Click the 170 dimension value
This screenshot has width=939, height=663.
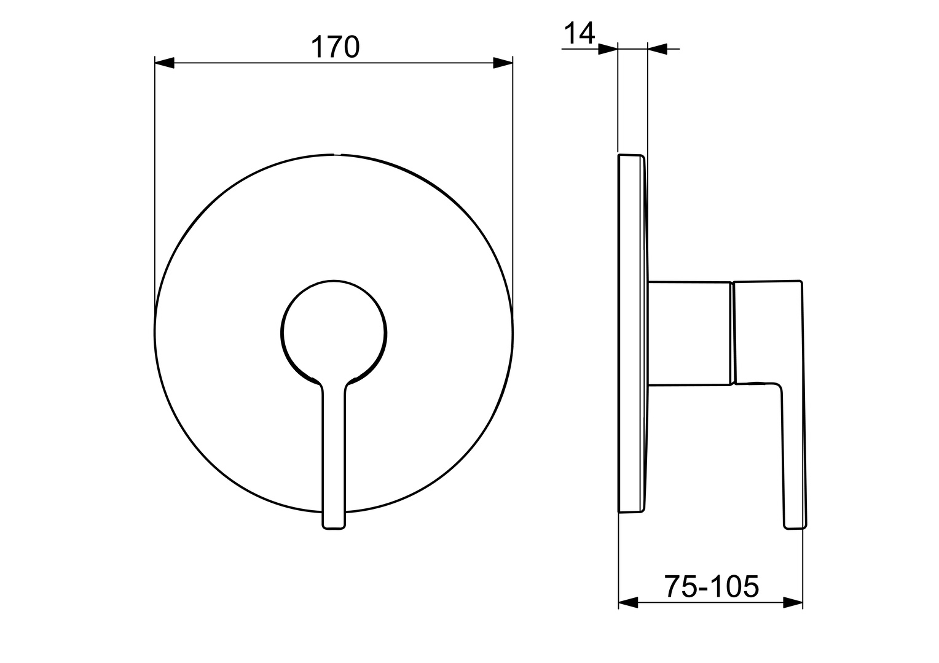coord(334,47)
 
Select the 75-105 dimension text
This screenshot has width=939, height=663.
coord(711,587)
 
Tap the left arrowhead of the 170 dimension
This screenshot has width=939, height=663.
coord(165,63)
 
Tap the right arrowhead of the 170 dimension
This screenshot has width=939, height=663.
coord(503,63)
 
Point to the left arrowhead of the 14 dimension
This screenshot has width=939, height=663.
coord(608,49)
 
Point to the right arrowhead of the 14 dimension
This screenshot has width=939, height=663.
coord(658,49)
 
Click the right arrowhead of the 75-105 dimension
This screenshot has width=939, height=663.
coord(793,603)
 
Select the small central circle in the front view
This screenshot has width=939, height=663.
coord(334,333)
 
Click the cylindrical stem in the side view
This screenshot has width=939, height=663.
coord(688,333)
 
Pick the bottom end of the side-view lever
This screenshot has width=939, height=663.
coord(794,526)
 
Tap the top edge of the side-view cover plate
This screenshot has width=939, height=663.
coord(631,155)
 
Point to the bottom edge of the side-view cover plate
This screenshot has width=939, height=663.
coord(631,511)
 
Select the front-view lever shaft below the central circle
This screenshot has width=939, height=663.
coord(334,454)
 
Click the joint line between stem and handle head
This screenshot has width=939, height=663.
coord(732,333)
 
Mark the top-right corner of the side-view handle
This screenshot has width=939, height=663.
coord(801,282)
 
